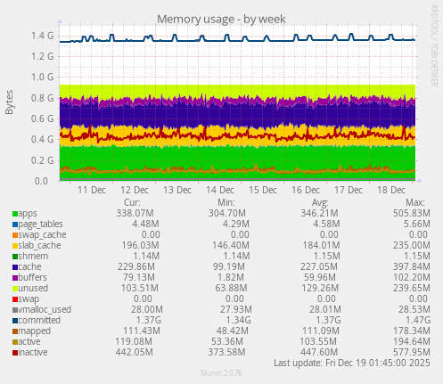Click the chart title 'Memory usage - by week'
pyautogui.click(x=221, y=19)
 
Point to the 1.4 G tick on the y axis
pyautogui.click(x=42, y=36)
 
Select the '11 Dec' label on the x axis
pyautogui.click(x=92, y=191)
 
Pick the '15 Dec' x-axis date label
pyautogui.click(x=263, y=191)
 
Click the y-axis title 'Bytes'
pyautogui.click(x=10, y=102)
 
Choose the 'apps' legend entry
pyautogui.click(x=28, y=214)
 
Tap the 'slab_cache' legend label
pyautogui.click(x=38, y=245)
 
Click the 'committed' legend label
pyautogui.click(x=38, y=320)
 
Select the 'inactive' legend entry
pyautogui.click(x=35, y=352)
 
